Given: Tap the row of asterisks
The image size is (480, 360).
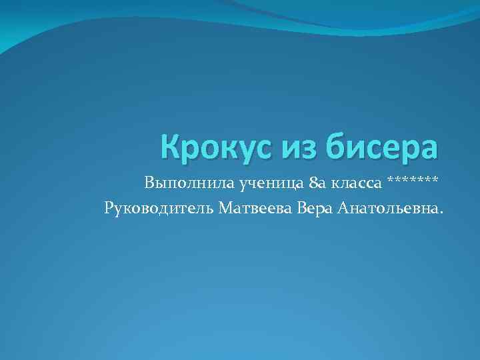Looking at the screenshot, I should (413, 180).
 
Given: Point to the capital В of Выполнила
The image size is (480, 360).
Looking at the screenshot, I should (148, 182).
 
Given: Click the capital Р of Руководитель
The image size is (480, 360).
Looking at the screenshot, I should (109, 209).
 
